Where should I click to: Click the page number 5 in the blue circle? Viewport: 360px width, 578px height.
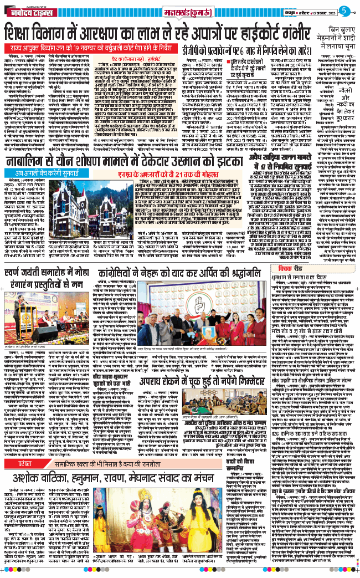(344, 10)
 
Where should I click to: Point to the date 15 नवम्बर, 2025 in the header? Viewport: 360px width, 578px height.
(316, 11)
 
